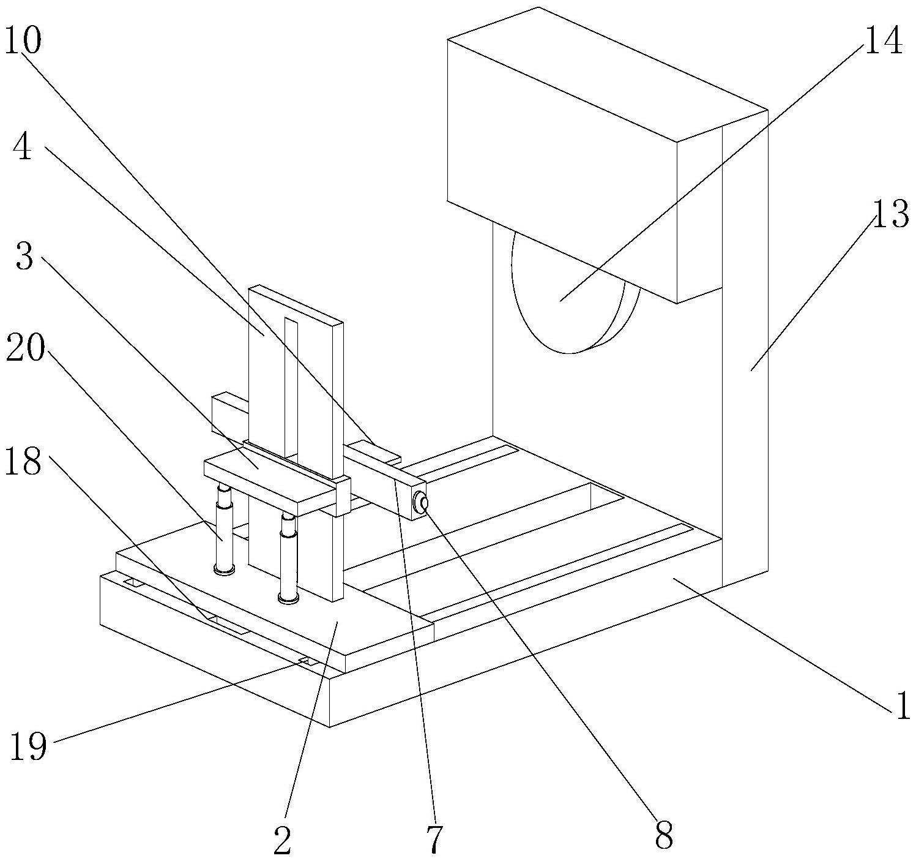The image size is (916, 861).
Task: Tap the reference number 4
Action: pos(23,148)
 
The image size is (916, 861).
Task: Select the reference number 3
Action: pos(24,257)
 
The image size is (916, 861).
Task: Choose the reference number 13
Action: pos(890,214)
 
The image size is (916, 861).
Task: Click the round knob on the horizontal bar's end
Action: pos(420,503)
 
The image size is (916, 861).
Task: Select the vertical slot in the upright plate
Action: pos(291,386)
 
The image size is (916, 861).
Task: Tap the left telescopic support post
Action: pos(224,527)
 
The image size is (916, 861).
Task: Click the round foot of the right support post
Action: pos(288,597)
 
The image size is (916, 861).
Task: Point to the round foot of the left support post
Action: pos(224,570)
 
